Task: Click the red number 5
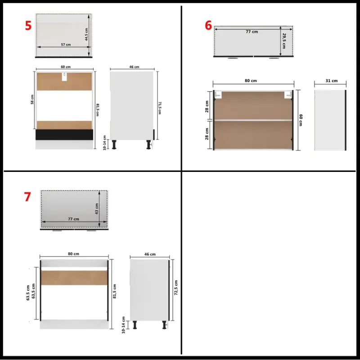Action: point(28,25)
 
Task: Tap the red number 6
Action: point(208,25)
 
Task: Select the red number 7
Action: point(27,197)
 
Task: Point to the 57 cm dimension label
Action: point(66,45)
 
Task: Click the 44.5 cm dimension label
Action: point(86,33)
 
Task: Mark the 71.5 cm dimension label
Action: point(160,108)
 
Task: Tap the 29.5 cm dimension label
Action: point(284,37)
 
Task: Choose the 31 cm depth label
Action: point(332,81)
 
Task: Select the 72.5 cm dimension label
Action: point(176,287)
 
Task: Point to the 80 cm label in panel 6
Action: point(251,81)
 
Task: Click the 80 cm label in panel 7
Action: point(73,254)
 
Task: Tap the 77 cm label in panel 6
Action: point(252,32)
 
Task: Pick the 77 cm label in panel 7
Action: point(73,219)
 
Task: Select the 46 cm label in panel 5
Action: point(134,67)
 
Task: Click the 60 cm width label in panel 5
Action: point(65,67)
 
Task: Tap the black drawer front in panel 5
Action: point(64,135)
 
